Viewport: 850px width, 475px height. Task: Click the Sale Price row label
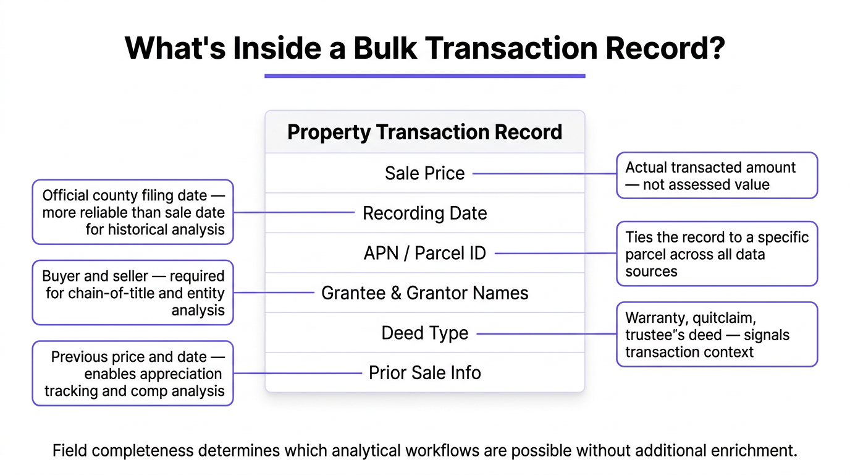pos(424,173)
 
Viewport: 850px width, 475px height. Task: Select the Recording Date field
pos(424,213)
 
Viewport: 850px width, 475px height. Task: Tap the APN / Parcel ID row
pos(424,253)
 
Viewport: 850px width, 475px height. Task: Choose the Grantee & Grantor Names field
pos(424,293)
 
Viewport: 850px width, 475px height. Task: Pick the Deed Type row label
pos(424,333)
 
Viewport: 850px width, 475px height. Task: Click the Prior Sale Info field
pos(424,372)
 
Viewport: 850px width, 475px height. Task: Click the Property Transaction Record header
pos(424,132)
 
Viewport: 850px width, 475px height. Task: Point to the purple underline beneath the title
pos(424,76)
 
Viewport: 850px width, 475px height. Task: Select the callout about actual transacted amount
pos(717,176)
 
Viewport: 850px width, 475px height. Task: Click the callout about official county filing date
pos(133,212)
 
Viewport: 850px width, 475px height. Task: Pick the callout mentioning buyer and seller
pos(133,293)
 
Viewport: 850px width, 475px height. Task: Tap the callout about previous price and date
pos(133,374)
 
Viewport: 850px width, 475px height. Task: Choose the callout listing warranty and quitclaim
pos(717,335)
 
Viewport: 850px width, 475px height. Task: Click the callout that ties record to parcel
pos(717,254)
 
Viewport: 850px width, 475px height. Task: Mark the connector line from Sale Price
pos(544,174)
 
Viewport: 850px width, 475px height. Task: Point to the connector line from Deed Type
pos(546,334)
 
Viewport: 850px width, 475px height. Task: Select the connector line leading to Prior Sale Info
pos(297,373)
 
